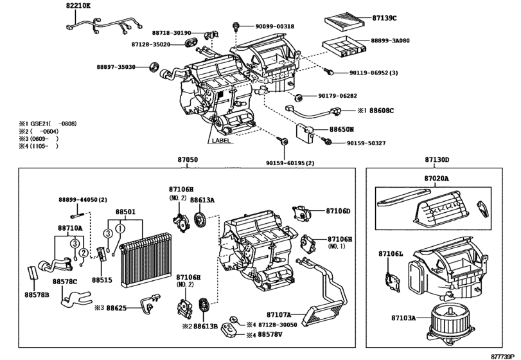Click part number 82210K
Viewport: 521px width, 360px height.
tap(78, 6)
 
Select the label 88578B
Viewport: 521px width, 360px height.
tap(38, 294)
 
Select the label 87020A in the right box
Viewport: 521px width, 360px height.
tap(437, 179)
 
